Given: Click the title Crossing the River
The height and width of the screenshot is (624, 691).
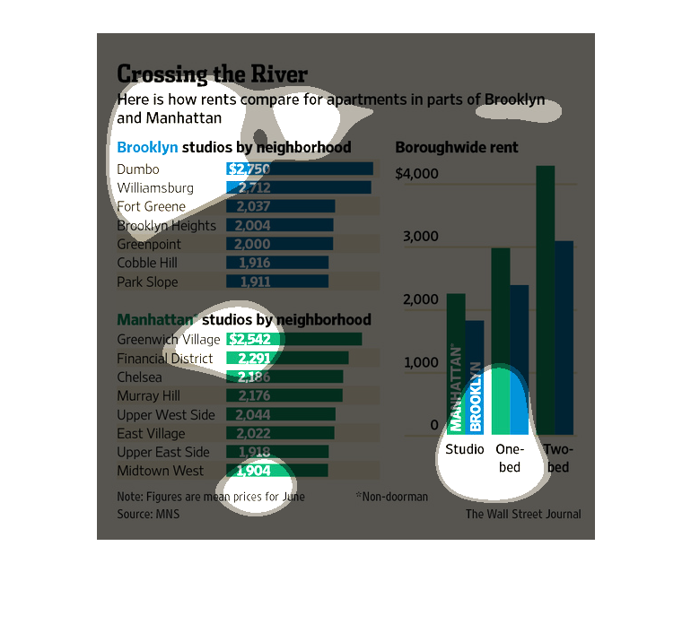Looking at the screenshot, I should click(212, 74).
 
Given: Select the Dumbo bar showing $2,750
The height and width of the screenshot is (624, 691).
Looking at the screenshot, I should click(300, 169).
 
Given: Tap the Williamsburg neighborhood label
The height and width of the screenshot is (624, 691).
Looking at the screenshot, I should click(155, 188).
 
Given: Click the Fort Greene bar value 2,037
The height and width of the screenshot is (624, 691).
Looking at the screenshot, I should click(280, 206).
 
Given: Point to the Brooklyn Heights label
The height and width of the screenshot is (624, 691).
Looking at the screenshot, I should click(166, 226).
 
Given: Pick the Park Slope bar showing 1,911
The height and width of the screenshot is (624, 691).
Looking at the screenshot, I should click(277, 282).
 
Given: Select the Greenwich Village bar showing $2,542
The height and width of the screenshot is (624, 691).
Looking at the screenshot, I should click(293, 339).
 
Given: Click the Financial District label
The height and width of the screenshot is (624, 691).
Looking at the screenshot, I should click(165, 359).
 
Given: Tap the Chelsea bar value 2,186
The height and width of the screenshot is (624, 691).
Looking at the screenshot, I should click(284, 377).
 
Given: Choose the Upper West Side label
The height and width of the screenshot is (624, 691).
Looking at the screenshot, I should click(166, 415).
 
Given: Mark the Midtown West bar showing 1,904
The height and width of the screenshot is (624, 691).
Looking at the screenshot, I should click(277, 471).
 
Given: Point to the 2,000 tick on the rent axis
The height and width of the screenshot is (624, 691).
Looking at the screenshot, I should click(420, 300).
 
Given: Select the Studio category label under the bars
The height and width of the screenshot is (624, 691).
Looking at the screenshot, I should click(465, 449).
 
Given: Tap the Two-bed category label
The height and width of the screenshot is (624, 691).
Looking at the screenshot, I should click(557, 457).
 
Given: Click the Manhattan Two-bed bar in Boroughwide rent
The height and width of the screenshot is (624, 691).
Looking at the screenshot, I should click(546, 299).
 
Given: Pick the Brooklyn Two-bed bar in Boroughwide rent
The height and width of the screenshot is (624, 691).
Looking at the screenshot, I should click(564, 337).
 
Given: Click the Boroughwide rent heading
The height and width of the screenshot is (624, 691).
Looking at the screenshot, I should click(456, 147).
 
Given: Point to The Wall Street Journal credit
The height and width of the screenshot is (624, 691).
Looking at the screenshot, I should click(522, 515).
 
